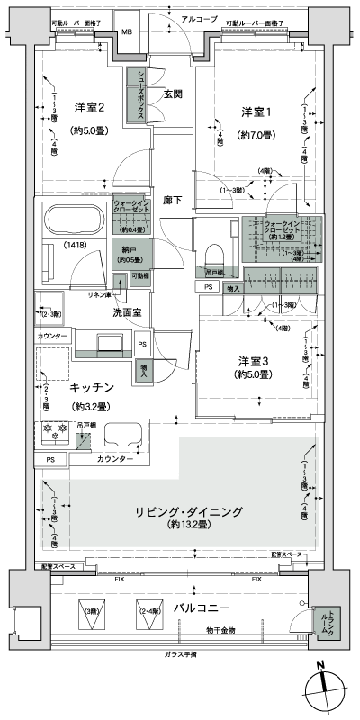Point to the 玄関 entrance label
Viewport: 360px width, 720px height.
[174, 94]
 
